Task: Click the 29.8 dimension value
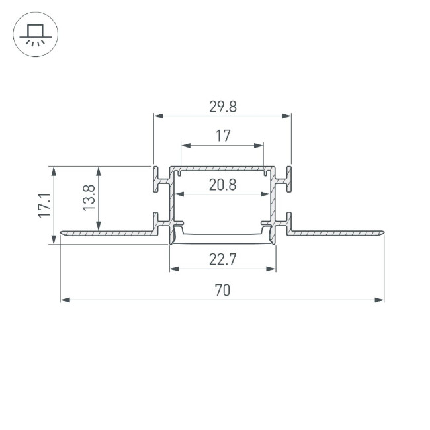click(222, 106)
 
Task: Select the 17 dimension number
click(222, 136)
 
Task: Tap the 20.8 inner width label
click(222, 185)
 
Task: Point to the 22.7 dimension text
click(222, 259)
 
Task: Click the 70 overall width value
click(222, 290)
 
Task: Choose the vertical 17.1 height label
click(44, 205)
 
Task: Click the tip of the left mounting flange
click(63, 232)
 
